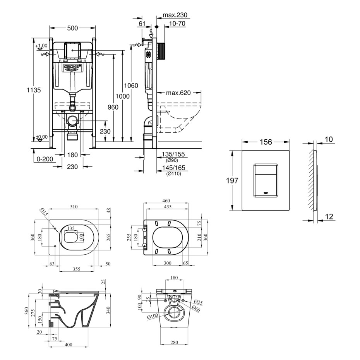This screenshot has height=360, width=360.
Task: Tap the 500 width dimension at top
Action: click(72, 28)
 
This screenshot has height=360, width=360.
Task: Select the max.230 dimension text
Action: click(175, 15)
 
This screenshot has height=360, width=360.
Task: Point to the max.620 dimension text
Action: click(178, 93)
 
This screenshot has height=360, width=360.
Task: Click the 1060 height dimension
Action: click(131, 86)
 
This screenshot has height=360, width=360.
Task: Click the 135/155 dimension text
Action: click(174, 154)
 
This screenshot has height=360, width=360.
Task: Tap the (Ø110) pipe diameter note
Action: click(173, 174)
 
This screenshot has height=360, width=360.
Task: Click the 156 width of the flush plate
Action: click(266, 142)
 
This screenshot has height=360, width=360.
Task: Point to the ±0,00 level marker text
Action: click(41, 137)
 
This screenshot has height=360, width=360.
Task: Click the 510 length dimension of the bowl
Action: click(73, 207)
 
